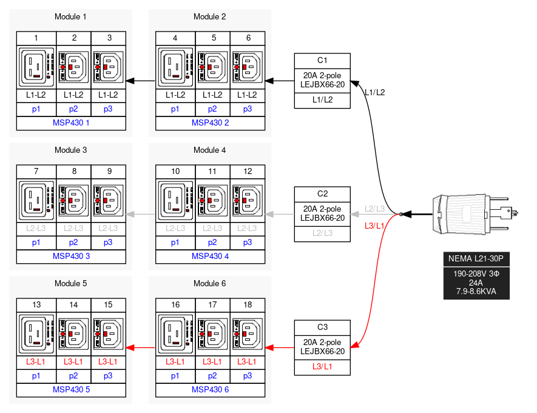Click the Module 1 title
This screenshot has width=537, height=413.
tap(70, 16)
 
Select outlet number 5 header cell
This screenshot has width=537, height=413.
tap(214, 38)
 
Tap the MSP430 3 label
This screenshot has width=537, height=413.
tap(71, 256)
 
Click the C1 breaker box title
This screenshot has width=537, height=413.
tap(322, 60)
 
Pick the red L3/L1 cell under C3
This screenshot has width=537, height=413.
tap(322, 366)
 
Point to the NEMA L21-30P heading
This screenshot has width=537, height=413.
tap(476, 259)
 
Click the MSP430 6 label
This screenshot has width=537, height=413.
tap(210, 389)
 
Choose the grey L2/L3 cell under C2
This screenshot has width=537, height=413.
tap(322, 233)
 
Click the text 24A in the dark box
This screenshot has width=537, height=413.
tap(476, 283)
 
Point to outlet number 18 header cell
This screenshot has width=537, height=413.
tap(248, 305)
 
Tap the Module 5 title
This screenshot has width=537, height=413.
tap(70, 283)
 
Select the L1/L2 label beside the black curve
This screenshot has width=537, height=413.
tap(374, 93)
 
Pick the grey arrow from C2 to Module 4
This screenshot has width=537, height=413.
tap(280, 214)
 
